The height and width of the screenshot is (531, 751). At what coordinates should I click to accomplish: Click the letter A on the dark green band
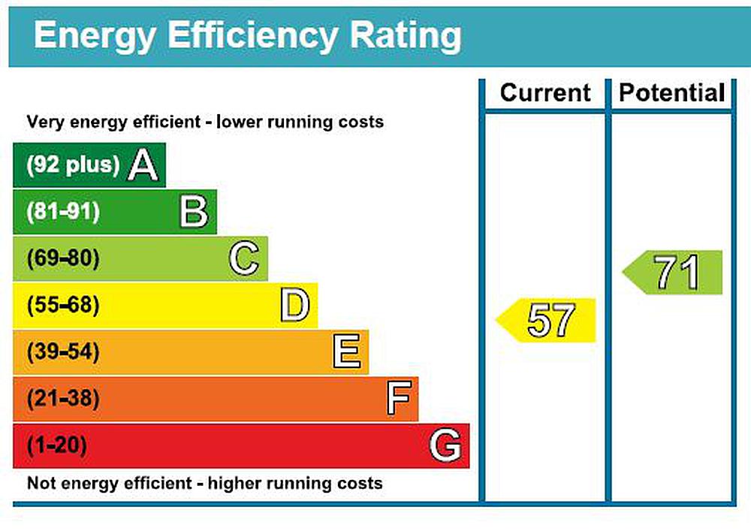click(143, 165)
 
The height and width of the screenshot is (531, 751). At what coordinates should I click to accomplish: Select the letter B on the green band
click(194, 212)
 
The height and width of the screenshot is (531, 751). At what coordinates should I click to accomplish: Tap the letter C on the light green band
click(244, 259)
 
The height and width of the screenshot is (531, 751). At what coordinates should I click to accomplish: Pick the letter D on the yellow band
click(294, 306)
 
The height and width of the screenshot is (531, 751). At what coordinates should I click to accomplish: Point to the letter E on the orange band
click(346, 352)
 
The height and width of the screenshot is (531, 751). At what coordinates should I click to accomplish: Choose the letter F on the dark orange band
click(398, 399)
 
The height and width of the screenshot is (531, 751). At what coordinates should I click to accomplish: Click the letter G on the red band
click(445, 446)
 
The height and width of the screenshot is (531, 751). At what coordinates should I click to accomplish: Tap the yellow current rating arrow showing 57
click(546, 321)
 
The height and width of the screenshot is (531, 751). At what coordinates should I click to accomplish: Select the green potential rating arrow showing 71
click(673, 273)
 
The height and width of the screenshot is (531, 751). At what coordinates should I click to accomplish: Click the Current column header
click(545, 93)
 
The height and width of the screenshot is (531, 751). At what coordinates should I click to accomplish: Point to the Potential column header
click(672, 93)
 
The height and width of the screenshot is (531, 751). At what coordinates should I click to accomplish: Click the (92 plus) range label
click(73, 165)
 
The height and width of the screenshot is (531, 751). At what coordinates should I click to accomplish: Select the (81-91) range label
click(63, 212)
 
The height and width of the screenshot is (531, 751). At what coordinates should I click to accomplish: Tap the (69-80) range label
click(63, 259)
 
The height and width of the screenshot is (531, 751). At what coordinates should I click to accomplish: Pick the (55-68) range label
click(63, 306)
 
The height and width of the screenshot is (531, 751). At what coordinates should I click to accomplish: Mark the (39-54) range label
click(63, 352)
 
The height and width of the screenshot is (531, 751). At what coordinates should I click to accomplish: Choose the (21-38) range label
click(63, 399)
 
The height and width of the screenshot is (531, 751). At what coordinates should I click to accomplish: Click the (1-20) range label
click(57, 446)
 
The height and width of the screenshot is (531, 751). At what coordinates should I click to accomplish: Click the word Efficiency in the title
click(252, 36)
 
